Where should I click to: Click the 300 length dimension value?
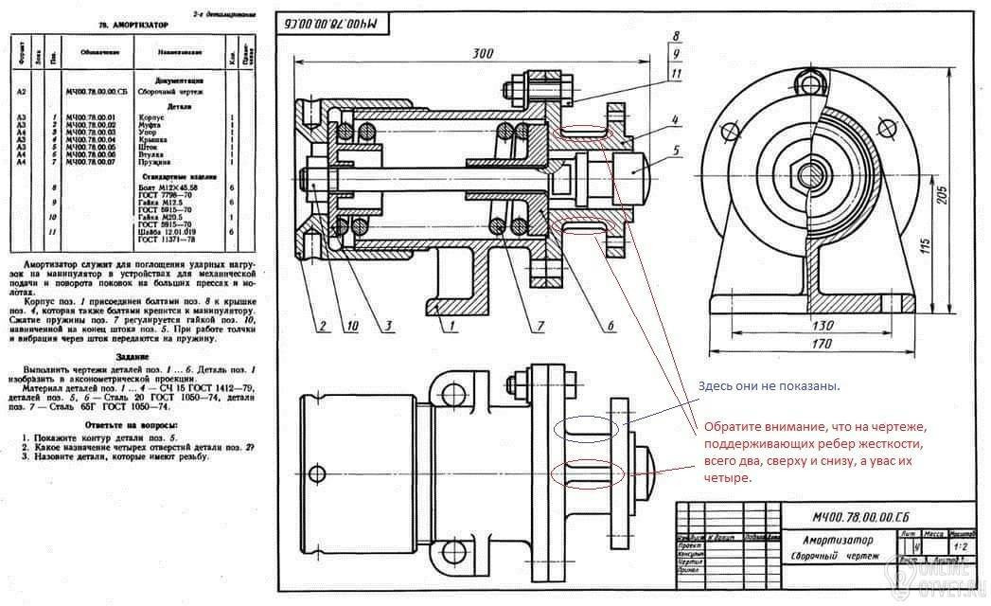(482, 54)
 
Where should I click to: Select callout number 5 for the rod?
(678, 150)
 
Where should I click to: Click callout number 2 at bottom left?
(322, 327)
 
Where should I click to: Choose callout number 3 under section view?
(388, 327)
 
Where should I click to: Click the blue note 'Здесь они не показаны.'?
(769, 386)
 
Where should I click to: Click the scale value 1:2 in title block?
(964, 546)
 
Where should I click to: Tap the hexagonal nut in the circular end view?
(810, 174)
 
